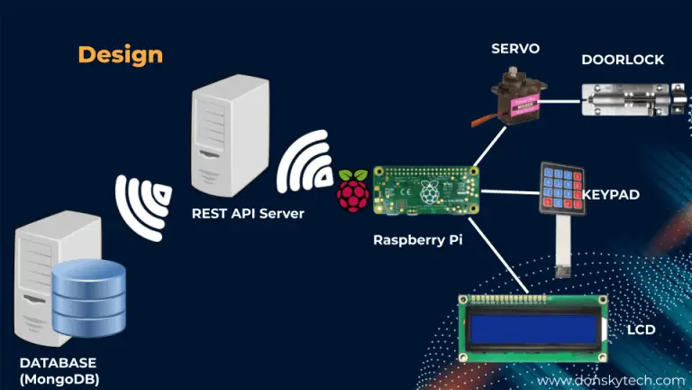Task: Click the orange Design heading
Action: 120,54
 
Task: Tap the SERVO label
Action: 515,46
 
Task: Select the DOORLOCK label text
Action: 623,60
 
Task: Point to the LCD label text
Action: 641,330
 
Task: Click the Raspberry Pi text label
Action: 417,240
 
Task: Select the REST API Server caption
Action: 248,214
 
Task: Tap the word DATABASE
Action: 59,363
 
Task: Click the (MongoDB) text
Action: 59,379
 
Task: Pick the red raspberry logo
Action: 353,190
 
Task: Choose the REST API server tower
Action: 229,140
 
